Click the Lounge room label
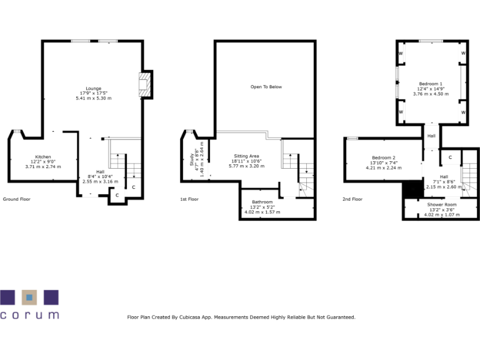tap(93, 88)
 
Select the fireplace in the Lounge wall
tap(144, 85)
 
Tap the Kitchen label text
tap(43, 157)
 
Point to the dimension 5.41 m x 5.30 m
tap(93, 98)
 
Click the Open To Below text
tap(266, 87)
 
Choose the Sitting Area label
tap(246, 156)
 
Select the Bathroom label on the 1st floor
tap(262, 202)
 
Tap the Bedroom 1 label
tap(431, 84)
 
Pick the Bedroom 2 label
tap(384, 157)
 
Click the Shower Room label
tap(442, 205)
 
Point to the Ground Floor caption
tap(16, 199)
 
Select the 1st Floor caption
tap(189, 199)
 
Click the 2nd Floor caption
tap(352, 199)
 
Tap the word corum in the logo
tap(29, 315)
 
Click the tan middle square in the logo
tap(29, 296)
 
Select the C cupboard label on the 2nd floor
tap(450, 156)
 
